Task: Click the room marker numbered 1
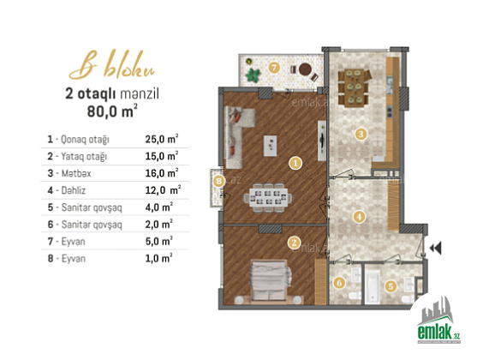[x=295, y=163]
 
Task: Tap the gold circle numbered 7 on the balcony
[x=274, y=68]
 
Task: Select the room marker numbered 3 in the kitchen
[x=361, y=134]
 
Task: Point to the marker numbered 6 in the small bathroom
[x=339, y=283]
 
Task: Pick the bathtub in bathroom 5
[x=373, y=286]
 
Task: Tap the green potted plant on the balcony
[x=253, y=75]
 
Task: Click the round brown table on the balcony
[x=305, y=69]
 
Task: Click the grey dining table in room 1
[x=268, y=198]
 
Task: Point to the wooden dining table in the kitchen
[x=354, y=87]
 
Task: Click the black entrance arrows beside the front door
[x=435, y=248]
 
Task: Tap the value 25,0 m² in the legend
[x=161, y=139]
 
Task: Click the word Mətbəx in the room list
[x=76, y=173]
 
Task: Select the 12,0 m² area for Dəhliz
[x=163, y=190]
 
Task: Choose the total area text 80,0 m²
[x=112, y=111]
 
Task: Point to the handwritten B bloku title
[x=112, y=66]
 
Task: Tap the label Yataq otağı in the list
[x=84, y=157]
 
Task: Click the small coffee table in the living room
[x=270, y=146]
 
